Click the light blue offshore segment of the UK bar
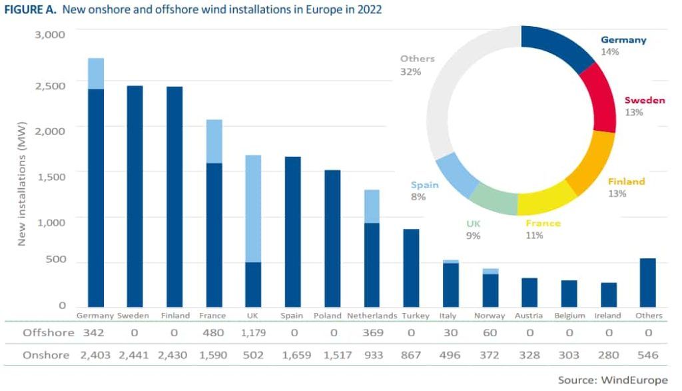[253, 208]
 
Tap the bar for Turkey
[411, 268]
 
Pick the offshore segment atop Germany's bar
[96, 73]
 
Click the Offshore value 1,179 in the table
[253, 332]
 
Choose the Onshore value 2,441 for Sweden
[135, 355]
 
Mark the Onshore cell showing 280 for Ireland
[609, 355]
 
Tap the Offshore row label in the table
[46, 332]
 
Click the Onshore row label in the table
[46, 355]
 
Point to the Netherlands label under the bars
[372, 316]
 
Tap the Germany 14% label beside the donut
[623, 45]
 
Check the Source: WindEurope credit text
[612, 380]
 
